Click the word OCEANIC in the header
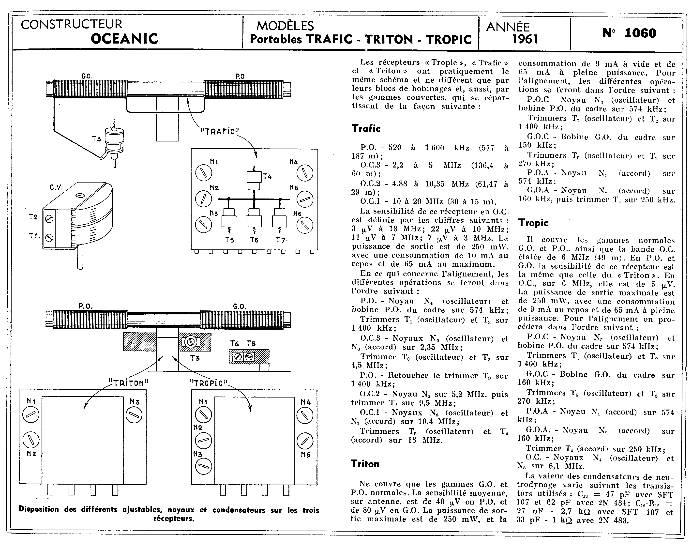coord(124,39)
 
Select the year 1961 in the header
coord(525,39)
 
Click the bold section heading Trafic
coord(366,128)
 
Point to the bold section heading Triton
coord(365,464)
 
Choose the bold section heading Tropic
coord(533,223)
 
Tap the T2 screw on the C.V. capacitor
coord(49,219)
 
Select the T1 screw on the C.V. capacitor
coord(49,238)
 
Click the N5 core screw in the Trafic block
coord(305,199)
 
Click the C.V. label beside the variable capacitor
coord(56,187)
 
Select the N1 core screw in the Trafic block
coord(203,173)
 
